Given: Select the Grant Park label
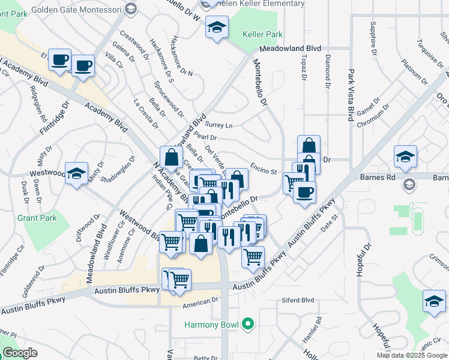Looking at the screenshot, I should [x=37, y=218].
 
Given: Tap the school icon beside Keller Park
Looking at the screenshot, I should [x=217, y=27].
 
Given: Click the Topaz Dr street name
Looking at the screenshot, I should [x=303, y=70].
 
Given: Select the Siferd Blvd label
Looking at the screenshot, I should [x=298, y=300].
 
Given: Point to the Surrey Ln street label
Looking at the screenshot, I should [x=218, y=125].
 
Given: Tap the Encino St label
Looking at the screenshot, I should [x=264, y=170].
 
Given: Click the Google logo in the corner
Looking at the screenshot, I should [x=20, y=353].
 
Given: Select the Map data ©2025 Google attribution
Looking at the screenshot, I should [x=411, y=355].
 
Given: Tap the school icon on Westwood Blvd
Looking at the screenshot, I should [x=76, y=175].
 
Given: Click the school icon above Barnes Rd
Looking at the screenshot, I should [x=405, y=157].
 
